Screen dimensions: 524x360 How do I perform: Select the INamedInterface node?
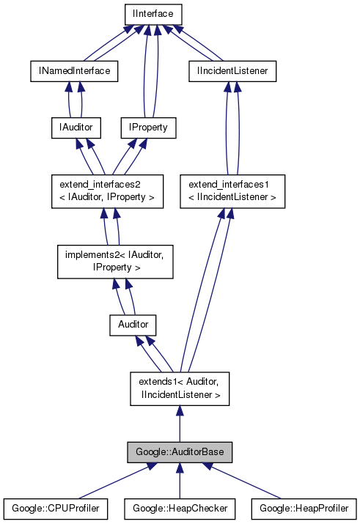click(x=74, y=71)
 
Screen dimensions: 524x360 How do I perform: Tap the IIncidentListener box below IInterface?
click(x=232, y=71)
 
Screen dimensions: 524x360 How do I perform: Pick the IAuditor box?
click(x=74, y=128)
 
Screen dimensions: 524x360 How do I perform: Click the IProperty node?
click(x=149, y=128)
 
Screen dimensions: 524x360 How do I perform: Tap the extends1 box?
click(x=180, y=388)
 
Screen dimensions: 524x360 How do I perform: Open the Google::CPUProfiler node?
click(x=56, y=508)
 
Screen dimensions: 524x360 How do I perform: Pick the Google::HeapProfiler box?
click(x=304, y=508)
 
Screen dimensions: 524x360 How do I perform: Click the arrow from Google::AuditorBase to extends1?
click(x=180, y=425)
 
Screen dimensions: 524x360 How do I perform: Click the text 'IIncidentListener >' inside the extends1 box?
click(x=180, y=395)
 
